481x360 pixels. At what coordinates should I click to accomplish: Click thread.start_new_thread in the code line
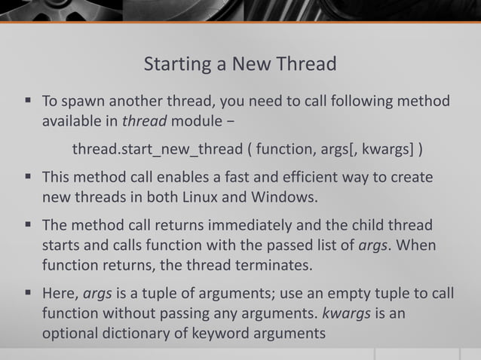pos(157,149)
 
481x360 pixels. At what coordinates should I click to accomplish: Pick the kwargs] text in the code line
pos(388,149)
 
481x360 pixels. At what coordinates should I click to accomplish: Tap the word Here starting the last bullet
pos(60,293)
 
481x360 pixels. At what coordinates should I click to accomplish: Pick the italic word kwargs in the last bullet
pos(345,313)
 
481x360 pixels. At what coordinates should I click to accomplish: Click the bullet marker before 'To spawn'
pos(27,100)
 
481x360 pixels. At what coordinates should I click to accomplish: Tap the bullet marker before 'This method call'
pos(27,178)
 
